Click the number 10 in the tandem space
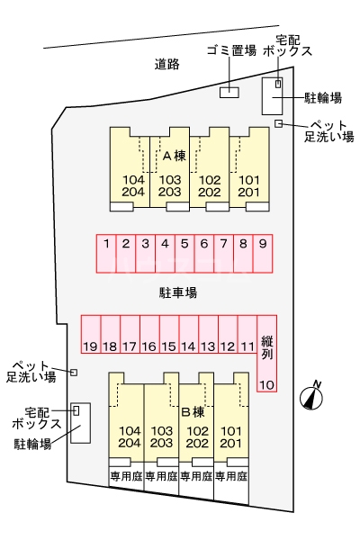(267, 385)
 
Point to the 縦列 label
(267, 347)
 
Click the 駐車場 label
(178, 292)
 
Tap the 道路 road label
(166, 64)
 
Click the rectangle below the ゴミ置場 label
(229, 91)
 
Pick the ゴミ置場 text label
(231, 51)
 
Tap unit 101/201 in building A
(249, 184)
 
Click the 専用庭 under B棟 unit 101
(230, 476)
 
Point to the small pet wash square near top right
(279, 123)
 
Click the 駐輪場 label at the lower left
(32, 444)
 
